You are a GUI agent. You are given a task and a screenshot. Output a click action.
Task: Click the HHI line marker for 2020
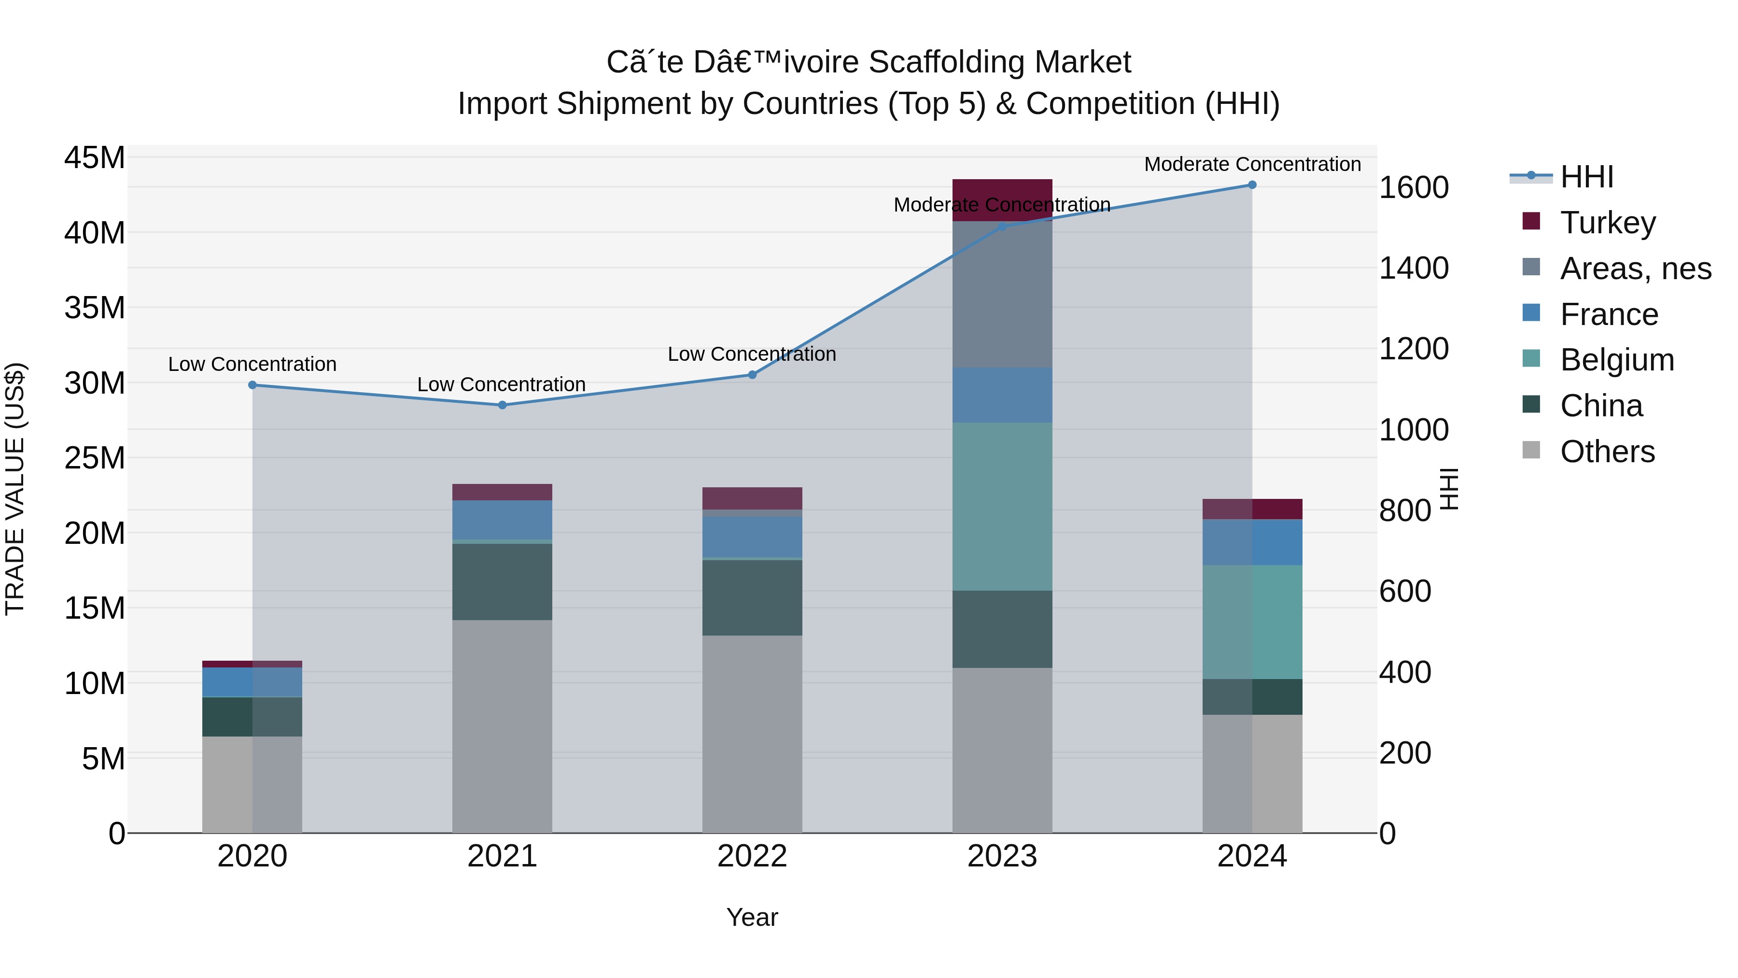252,385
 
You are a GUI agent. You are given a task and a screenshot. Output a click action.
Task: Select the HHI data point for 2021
502,405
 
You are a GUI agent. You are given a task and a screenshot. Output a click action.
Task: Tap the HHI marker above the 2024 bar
1251,185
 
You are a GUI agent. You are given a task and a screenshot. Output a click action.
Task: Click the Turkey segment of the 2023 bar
1002,192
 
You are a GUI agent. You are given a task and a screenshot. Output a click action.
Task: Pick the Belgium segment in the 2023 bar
1002,506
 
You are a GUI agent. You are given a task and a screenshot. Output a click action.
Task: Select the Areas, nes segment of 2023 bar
1002,294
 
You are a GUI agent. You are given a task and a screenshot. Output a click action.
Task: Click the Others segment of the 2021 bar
502,725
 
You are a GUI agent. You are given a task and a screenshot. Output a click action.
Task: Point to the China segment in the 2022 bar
752,597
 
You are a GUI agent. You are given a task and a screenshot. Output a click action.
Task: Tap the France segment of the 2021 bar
502,519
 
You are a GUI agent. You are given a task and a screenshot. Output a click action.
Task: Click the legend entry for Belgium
1616,360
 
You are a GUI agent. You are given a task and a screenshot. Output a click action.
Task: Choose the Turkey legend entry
1607,223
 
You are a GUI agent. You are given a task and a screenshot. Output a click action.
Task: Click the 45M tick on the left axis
95,158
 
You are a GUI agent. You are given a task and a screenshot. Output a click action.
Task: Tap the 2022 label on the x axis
752,856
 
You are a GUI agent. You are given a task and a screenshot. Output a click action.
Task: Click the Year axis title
752,917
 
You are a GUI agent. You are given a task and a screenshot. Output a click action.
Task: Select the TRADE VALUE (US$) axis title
15,489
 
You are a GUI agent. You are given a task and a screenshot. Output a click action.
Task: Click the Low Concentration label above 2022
752,354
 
